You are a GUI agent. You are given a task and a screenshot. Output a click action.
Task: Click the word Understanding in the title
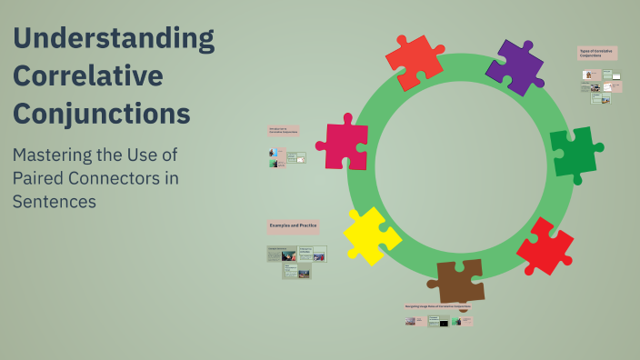pyautogui.click(x=114, y=39)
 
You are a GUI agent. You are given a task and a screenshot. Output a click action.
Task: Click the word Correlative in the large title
pyautogui.click(x=88, y=76)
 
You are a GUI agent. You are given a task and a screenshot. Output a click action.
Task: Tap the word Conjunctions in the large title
pyautogui.click(x=102, y=115)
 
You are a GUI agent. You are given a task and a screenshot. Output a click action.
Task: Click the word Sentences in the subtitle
pyautogui.click(x=54, y=201)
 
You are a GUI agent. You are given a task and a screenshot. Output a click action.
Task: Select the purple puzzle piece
pyautogui.click(x=515, y=67)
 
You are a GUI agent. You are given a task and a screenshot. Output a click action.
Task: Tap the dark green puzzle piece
pyautogui.click(x=574, y=151)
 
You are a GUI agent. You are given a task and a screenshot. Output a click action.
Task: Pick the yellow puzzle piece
pyautogui.click(x=370, y=235)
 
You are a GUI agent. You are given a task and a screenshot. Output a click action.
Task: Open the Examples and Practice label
pyautogui.click(x=293, y=225)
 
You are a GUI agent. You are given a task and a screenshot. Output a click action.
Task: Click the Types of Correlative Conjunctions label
pyautogui.click(x=597, y=54)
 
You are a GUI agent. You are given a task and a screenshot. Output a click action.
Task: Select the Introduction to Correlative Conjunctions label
pyautogui.click(x=283, y=131)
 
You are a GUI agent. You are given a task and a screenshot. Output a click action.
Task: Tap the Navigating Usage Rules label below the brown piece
pyautogui.click(x=438, y=307)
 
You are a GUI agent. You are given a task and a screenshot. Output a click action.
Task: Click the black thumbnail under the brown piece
pyautogui.click(x=444, y=322)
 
